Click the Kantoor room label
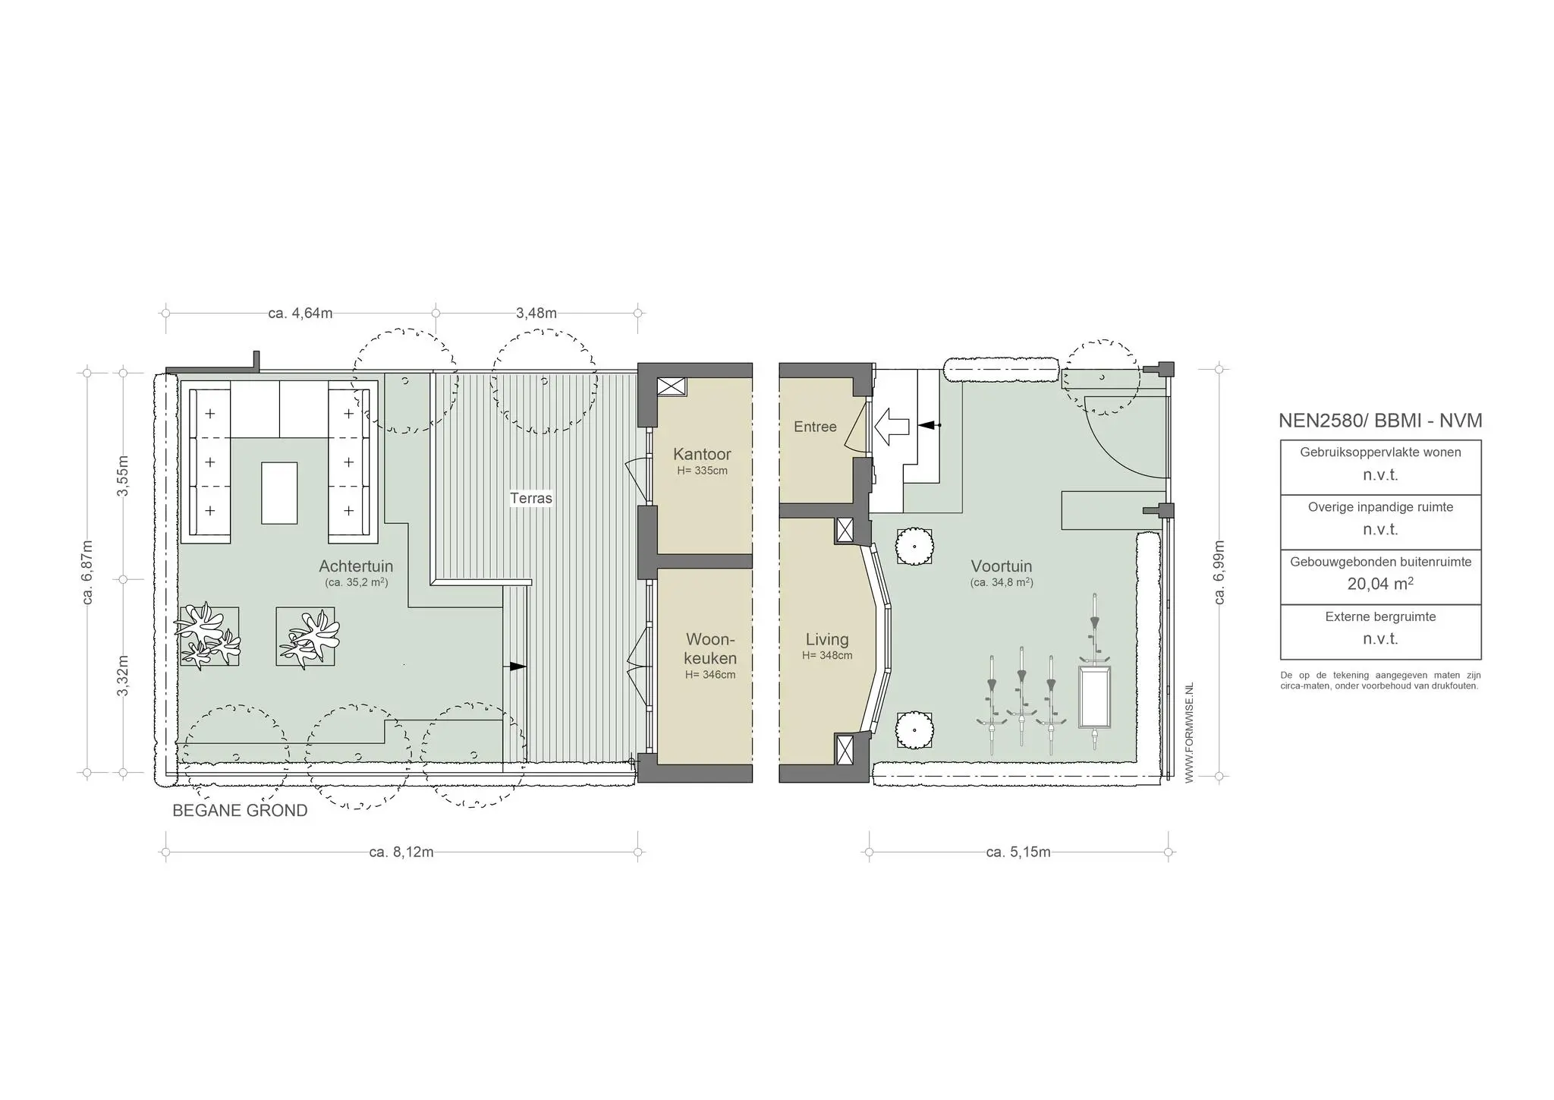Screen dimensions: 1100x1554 click(x=702, y=455)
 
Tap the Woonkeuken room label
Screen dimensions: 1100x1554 click(x=710, y=648)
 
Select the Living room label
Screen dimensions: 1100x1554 click(x=827, y=639)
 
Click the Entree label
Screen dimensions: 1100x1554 click(x=815, y=427)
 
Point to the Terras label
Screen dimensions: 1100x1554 click(x=531, y=498)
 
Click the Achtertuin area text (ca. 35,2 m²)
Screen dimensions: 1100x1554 click(x=356, y=583)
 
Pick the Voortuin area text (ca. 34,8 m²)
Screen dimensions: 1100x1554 click(x=1002, y=583)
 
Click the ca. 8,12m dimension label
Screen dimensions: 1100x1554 click(x=401, y=852)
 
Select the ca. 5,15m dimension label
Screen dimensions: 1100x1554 click(x=1018, y=852)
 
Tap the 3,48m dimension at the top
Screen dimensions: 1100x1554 click(x=536, y=313)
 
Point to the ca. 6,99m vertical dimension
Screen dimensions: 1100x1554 click(x=1219, y=572)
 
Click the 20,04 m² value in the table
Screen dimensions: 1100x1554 click(x=1380, y=584)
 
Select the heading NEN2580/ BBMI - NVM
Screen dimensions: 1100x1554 click(x=1380, y=421)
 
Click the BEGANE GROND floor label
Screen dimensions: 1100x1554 click(x=240, y=811)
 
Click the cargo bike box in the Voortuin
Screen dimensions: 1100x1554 click(x=1094, y=697)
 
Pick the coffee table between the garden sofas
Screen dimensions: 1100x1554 click(x=279, y=493)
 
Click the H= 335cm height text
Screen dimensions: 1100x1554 click(x=702, y=471)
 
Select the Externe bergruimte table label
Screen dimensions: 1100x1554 click(x=1380, y=616)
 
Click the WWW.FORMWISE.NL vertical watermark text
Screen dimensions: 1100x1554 click(x=1189, y=732)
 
